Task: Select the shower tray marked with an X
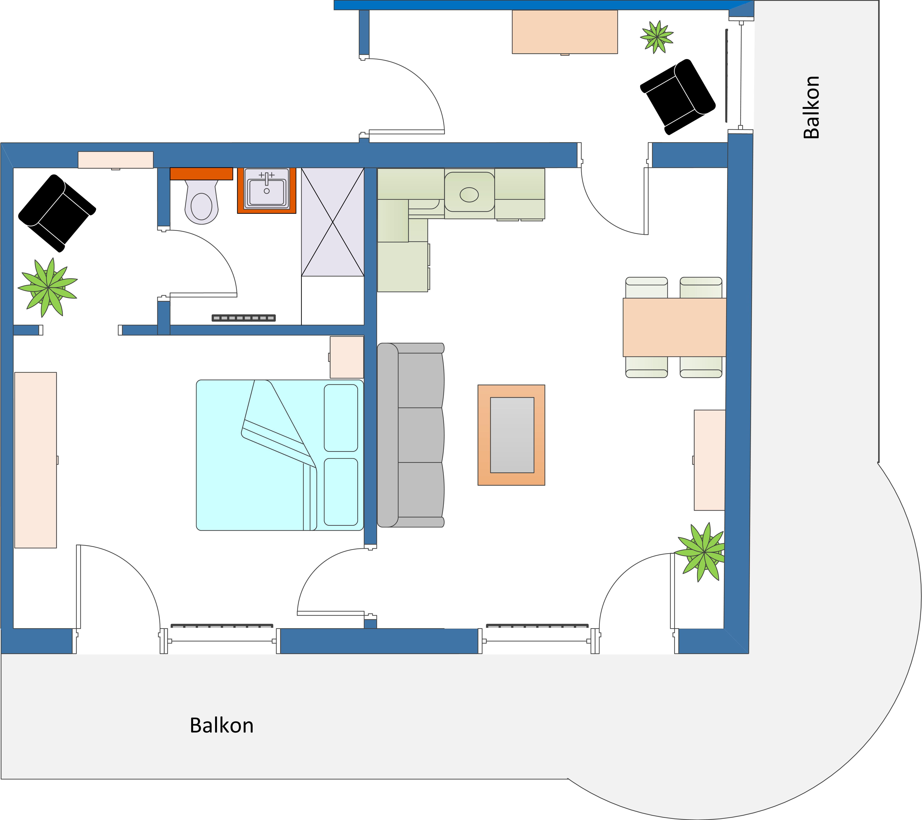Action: tap(332, 222)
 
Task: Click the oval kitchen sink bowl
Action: tap(469, 195)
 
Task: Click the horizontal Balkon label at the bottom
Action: tap(221, 725)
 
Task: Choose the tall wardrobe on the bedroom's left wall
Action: tap(36, 460)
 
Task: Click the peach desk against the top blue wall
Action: tap(565, 32)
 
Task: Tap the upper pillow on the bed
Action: tap(341, 418)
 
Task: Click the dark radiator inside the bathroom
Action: tap(244, 318)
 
